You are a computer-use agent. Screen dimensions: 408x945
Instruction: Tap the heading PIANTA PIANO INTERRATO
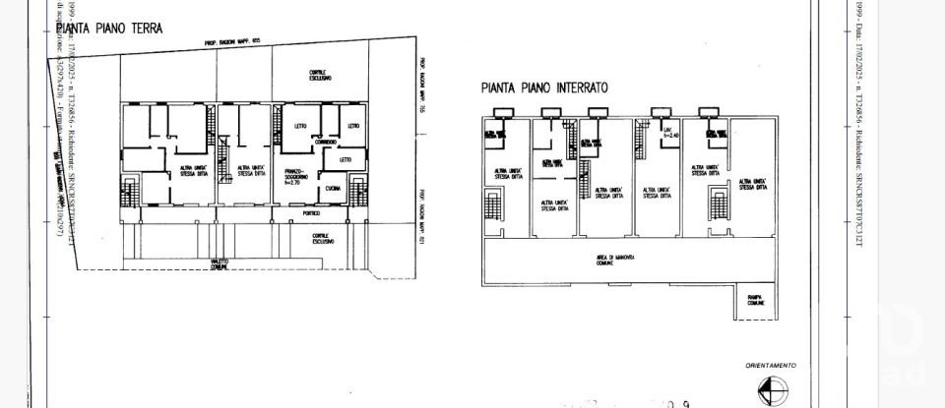544,87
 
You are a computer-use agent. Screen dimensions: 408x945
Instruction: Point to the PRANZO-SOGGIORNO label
296,177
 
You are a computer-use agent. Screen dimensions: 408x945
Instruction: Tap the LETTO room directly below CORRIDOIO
345,158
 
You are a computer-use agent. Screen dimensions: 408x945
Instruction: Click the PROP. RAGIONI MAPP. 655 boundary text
232,44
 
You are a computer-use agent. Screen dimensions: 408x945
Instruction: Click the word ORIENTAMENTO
771,365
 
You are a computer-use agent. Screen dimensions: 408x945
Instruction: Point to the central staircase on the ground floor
224,158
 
